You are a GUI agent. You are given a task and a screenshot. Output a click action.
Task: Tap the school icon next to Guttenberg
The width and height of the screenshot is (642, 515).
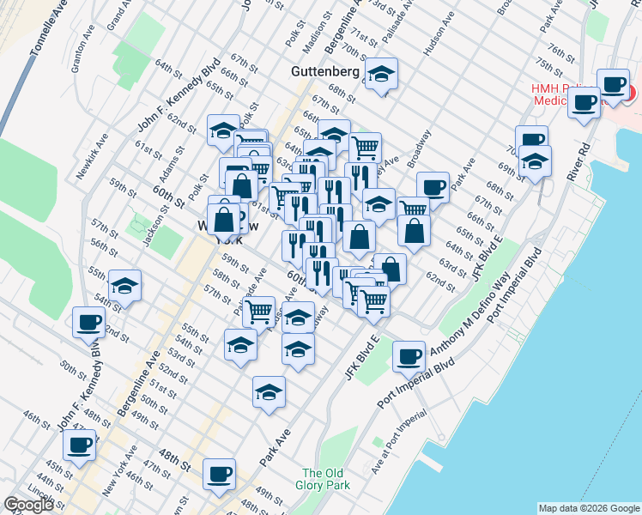(x=381, y=75)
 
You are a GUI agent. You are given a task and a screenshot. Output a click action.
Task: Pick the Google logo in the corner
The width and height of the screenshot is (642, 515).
(x=28, y=505)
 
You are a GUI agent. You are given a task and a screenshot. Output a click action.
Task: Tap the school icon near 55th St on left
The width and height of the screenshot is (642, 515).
(x=124, y=286)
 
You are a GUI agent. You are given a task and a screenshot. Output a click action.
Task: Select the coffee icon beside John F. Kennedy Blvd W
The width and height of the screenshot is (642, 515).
(x=88, y=323)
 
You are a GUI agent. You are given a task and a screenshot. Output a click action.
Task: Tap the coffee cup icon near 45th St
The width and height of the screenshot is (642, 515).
(x=80, y=445)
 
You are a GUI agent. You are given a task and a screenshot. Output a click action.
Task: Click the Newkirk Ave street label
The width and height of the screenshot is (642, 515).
(x=90, y=155)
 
